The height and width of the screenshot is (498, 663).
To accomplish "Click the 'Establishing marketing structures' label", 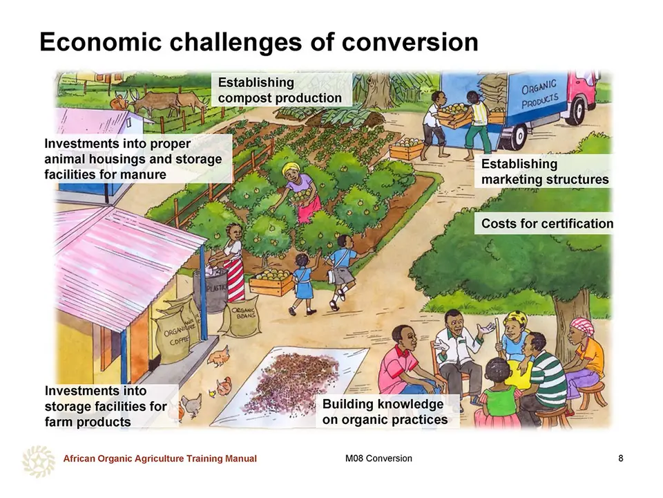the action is click(545, 172).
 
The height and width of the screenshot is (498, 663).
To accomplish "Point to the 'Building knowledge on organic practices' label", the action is click(385, 412).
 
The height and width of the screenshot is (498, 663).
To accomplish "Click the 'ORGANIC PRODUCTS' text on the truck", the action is click(539, 94).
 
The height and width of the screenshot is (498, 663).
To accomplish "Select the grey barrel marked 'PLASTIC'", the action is click(211, 290).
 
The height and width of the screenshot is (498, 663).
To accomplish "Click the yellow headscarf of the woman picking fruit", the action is click(292, 169).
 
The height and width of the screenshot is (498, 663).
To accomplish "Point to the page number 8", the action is click(621, 458).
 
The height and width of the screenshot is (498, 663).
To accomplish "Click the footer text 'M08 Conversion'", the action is click(378, 458).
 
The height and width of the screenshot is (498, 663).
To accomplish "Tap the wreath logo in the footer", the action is click(39, 461).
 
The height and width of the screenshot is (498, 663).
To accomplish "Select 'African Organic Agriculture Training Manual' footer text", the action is click(160, 458).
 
